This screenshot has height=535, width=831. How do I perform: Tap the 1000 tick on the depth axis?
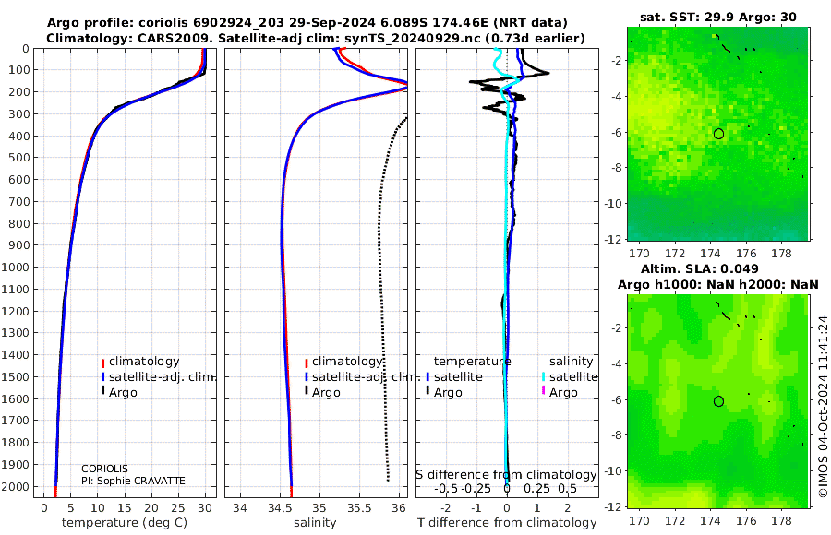(x=15, y=267)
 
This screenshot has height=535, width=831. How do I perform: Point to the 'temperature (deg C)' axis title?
(x=125, y=523)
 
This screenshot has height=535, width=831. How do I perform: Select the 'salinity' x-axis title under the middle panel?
(x=315, y=523)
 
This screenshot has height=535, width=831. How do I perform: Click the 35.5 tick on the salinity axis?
(x=359, y=507)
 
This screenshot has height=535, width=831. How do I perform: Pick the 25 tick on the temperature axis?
(x=178, y=507)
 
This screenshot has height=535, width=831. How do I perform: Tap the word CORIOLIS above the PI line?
(x=104, y=469)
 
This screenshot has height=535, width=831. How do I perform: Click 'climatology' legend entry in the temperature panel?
(x=144, y=362)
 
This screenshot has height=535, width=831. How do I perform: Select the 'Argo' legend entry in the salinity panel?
(x=325, y=393)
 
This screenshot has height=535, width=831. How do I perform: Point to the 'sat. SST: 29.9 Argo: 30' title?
(x=718, y=17)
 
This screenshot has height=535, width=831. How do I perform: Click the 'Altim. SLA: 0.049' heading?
(x=700, y=269)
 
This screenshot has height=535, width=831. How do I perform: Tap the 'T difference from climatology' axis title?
(x=507, y=523)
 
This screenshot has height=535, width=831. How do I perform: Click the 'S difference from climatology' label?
(x=506, y=475)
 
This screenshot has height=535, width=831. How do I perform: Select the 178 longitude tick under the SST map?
(x=782, y=254)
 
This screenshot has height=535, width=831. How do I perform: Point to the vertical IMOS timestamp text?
(x=823, y=407)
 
